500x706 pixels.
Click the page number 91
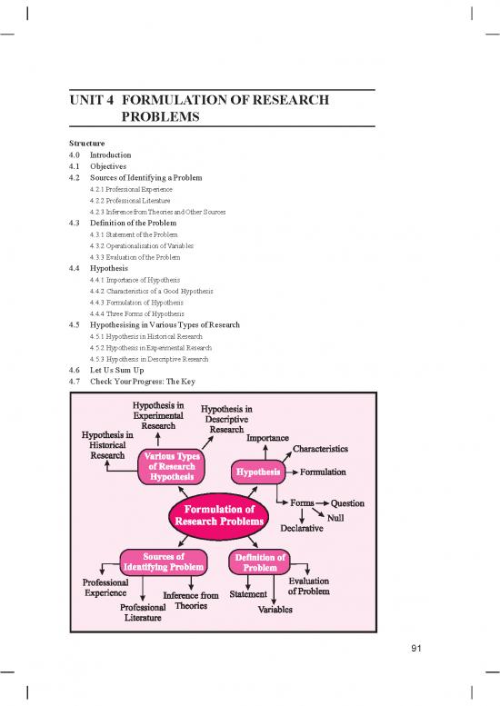(418, 648)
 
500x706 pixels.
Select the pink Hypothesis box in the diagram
(257, 472)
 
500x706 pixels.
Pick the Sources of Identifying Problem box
(165, 562)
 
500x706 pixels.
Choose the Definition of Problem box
(260, 562)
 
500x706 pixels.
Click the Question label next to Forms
(348, 503)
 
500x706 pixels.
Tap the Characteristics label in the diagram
(319, 449)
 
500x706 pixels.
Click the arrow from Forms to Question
(323, 503)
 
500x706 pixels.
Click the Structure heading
(86, 144)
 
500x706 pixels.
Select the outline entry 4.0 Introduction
(100, 155)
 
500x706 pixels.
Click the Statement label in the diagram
(248, 594)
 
